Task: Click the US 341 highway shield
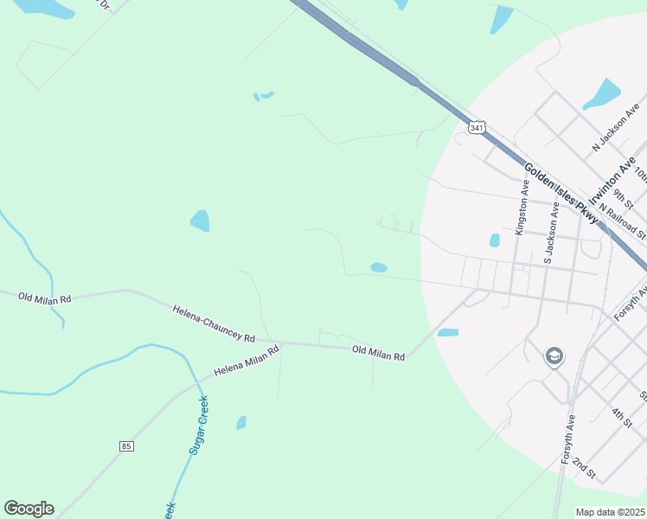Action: pos(477,127)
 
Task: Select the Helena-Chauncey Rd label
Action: pos(214,323)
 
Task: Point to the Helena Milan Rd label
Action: pos(247,361)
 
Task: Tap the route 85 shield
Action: pos(127,445)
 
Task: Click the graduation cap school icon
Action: pos(554,356)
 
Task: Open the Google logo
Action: pos(29,509)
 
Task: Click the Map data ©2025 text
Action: pos(611,512)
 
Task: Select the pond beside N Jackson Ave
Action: pos(602,94)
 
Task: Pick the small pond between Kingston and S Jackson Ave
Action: pos(495,240)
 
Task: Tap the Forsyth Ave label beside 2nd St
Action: pos(567,439)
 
